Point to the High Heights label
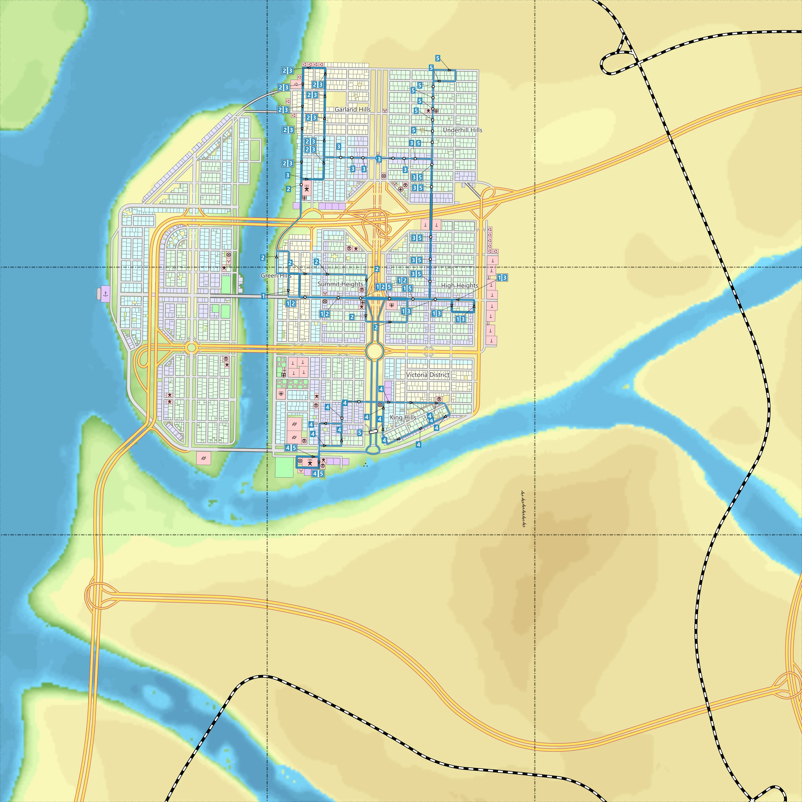tap(460, 286)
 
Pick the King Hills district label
tap(403, 417)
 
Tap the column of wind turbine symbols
tap(523, 508)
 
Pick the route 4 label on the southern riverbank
tap(418, 445)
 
